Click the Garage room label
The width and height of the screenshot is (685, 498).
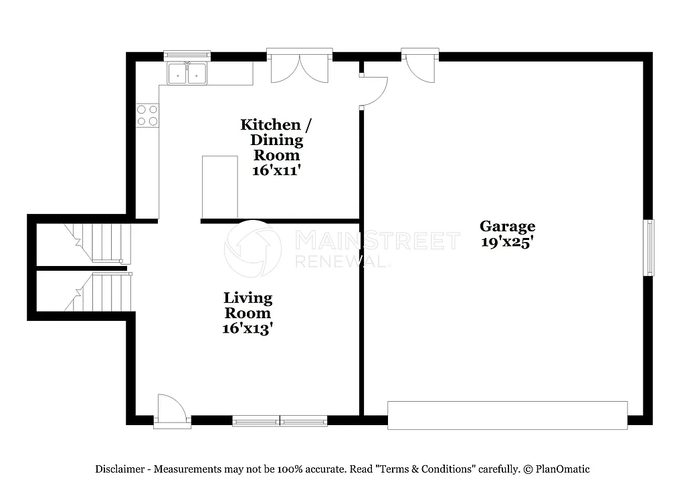click(x=507, y=227)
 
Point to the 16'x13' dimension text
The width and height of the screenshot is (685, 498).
click(x=248, y=328)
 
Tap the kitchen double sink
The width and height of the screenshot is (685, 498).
click(x=187, y=74)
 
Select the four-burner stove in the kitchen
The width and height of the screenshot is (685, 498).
click(x=147, y=115)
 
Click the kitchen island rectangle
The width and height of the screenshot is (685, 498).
click(x=219, y=186)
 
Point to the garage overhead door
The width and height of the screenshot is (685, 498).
click(x=507, y=415)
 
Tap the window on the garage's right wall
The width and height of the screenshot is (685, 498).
click(x=648, y=247)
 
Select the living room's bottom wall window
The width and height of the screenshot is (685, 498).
click(x=280, y=420)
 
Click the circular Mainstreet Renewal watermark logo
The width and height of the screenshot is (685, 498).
click(x=252, y=249)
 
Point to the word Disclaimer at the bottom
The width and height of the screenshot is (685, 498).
click(x=119, y=469)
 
